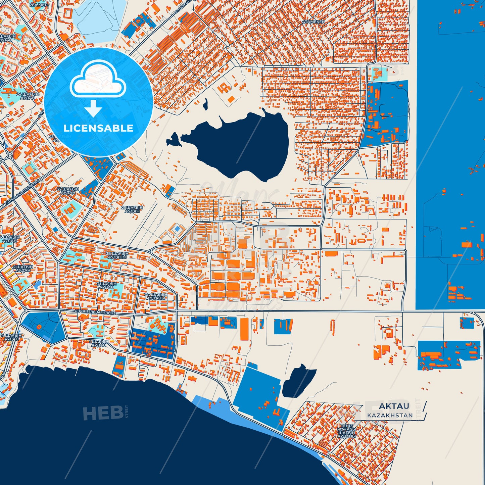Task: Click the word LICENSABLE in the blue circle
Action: coord(98,128)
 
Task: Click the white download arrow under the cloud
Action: coord(93,108)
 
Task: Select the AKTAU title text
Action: coord(394,406)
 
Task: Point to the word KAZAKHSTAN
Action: coord(390,416)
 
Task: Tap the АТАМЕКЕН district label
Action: coord(313,22)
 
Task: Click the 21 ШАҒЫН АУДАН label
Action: coord(132,209)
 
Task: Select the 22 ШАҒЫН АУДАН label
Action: coord(68,191)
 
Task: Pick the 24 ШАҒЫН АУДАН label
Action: coord(28,96)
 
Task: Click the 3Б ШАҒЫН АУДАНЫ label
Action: coord(117,255)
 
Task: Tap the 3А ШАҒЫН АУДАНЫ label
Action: coord(156,296)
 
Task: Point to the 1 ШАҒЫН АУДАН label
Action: coord(99,343)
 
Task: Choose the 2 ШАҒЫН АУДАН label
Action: coord(23,269)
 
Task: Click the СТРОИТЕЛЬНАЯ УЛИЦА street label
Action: coord(95,312)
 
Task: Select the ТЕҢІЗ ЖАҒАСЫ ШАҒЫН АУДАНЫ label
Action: coord(346,431)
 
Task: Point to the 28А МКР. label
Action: coord(39,5)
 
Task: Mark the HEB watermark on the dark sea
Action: coord(103,413)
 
